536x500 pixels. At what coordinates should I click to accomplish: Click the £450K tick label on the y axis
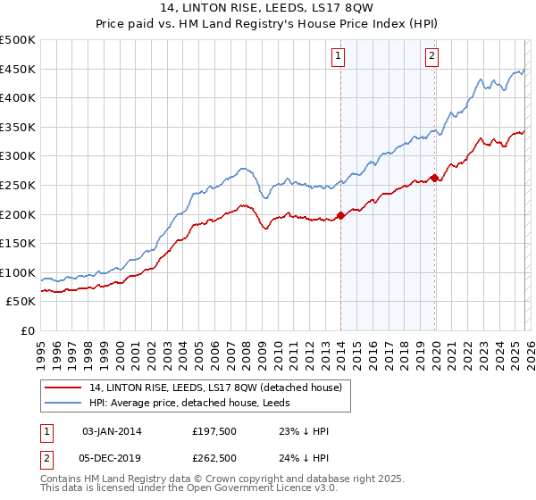point(18,70)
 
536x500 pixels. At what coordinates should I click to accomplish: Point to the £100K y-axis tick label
point(18,272)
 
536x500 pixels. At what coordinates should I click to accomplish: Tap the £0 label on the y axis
point(26,331)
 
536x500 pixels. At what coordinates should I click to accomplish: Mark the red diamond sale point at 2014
point(340,215)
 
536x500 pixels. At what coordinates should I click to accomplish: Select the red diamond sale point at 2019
point(434,178)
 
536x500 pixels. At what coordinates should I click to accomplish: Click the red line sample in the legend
point(63,387)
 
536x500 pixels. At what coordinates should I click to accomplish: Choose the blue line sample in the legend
point(63,402)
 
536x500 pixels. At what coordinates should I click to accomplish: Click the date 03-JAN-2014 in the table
point(112,431)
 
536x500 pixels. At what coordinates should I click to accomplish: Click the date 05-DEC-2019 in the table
point(112,458)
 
